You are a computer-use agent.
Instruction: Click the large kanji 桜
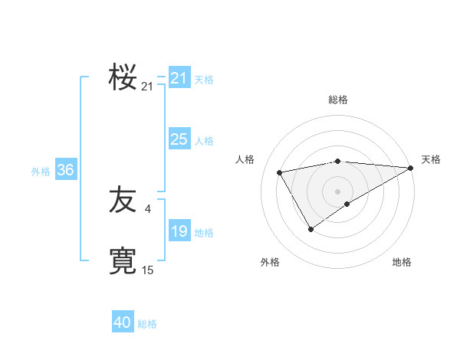123,77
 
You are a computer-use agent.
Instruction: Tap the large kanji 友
123,201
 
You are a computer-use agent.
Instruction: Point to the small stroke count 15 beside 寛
147,270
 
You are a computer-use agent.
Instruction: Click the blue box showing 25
179,139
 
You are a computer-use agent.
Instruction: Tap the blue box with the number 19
179,231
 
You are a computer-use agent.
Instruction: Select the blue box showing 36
65,170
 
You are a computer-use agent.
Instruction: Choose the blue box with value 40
123,322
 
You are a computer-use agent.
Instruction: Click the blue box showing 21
179,78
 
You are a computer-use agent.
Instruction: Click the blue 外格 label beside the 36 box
41,172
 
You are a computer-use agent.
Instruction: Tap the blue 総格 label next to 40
147,324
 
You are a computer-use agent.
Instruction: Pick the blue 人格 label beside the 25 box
204,141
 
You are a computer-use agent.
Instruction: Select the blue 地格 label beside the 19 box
204,233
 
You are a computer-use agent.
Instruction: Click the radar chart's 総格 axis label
337,100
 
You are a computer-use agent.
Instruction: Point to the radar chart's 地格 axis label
402,262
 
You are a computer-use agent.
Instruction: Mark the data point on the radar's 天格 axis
411,168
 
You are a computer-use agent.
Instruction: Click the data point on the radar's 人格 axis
280,172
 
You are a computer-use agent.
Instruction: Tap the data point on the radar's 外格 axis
310,228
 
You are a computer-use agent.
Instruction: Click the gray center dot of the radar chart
337,191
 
